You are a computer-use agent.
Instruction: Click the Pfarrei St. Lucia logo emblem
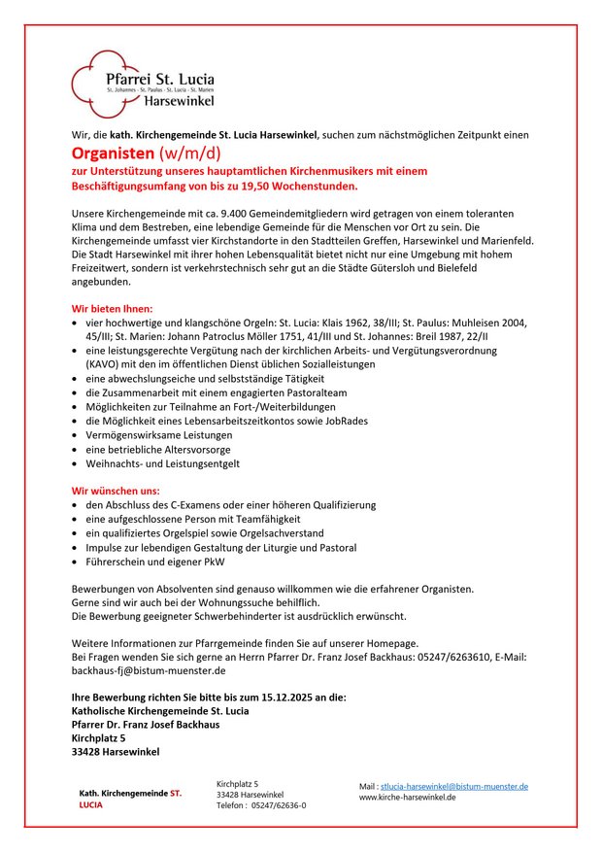click(x=96, y=80)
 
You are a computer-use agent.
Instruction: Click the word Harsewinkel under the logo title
click(x=180, y=100)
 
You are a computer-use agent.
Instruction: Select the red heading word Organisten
click(x=113, y=153)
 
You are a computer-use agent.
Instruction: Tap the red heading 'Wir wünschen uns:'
click(x=116, y=491)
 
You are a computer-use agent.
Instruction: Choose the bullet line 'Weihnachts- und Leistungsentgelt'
click(x=162, y=463)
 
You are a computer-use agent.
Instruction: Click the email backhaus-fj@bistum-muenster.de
click(x=149, y=670)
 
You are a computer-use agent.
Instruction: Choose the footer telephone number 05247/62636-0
click(x=279, y=805)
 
